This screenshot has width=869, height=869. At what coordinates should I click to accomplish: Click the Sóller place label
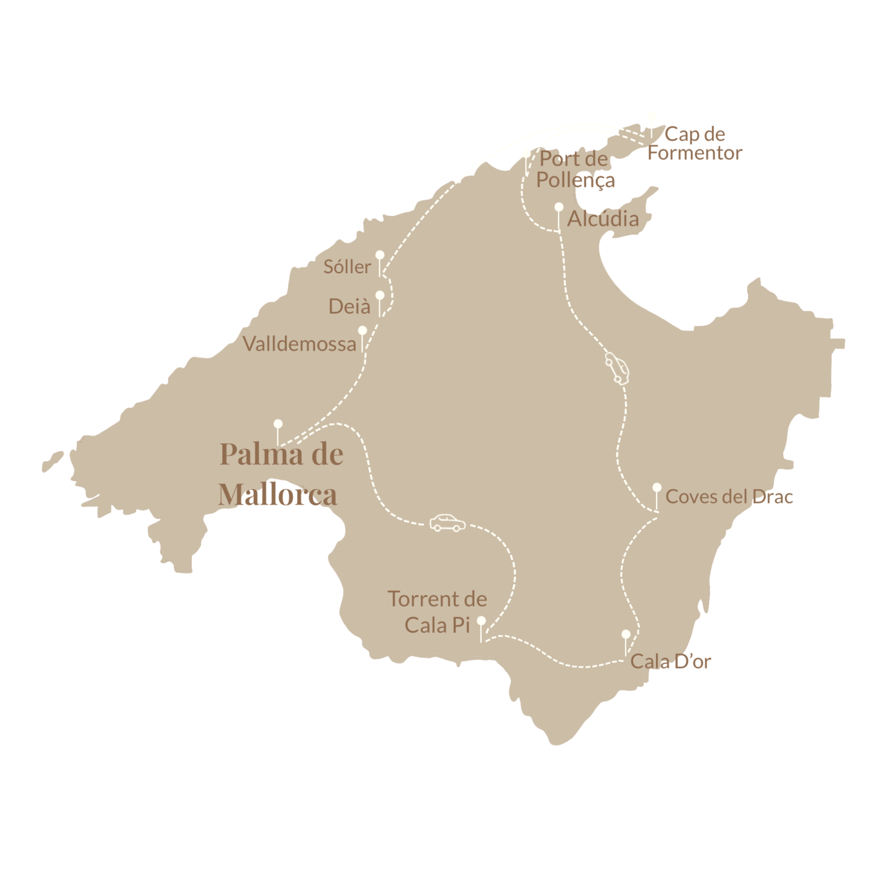pyautogui.click(x=347, y=267)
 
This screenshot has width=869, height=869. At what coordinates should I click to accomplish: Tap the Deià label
pyautogui.click(x=349, y=306)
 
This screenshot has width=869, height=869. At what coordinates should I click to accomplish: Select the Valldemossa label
pyautogui.click(x=299, y=344)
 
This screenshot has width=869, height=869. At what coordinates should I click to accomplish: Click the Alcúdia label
pyautogui.click(x=603, y=218)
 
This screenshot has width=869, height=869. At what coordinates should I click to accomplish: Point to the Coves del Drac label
pyautogui.click(x=729, y=497)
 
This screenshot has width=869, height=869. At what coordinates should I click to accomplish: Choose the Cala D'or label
pyautogui.click(x=670, y=662)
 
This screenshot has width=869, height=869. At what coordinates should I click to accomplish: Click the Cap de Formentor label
pyautogui.click(x=695, y=143)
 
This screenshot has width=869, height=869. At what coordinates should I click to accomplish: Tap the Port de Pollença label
pyautogui.click(x=575, y=169)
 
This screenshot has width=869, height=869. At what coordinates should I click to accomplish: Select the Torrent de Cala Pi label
pyautogui.click(x=437, y=612)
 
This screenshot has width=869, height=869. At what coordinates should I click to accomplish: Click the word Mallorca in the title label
pyautogui.click(x=277, y=495)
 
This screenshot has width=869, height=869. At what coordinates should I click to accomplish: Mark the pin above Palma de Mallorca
pyautogui.click(x=278, y=424)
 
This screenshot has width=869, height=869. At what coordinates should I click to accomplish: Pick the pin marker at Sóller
pyautogui.click(x=380, y=255)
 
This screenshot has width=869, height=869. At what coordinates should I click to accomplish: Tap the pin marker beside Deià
pyautogui.click(x=380, y=295)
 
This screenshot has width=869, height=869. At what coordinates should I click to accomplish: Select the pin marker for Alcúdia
pyautogui.click(x=559, y=207)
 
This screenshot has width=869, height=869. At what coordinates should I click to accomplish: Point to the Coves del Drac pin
pyautogui.click(x=657, y=488)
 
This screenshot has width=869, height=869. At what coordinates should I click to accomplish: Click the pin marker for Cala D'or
pyautogui.click(x=626, y=634)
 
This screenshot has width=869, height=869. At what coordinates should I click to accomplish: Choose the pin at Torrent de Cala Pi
pyautogui.click(x=481, y=621)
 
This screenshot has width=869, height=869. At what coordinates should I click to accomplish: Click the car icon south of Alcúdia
pyautogui.click(x=617, y=368)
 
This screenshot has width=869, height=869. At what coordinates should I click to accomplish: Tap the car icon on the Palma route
pyautogui.click(x=448, y=523)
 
